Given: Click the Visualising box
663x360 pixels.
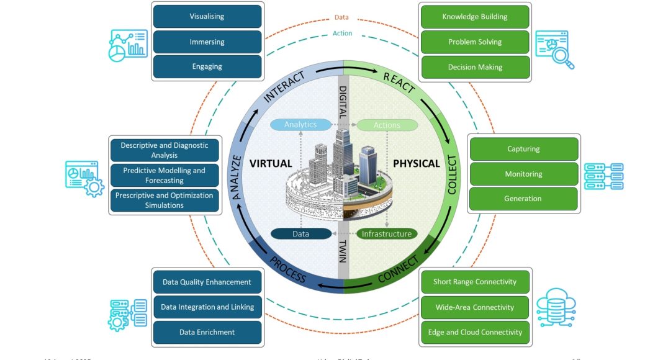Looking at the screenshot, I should (x=207, y=17).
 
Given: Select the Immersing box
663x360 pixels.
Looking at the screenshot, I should (x=207, y=42).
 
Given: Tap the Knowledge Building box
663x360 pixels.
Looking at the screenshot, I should (x=474, y=17).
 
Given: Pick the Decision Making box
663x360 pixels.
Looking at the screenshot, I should (x=474, y=67).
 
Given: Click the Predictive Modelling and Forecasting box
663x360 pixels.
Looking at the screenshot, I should (x=164, y=176).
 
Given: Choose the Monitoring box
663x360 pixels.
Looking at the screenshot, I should (x=523, y=174).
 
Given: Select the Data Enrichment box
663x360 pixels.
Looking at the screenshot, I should (x=207, y=332).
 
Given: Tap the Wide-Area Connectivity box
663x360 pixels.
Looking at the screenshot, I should (x=474, y=307).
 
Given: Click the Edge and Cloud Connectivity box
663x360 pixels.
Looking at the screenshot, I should (x=474, y=332).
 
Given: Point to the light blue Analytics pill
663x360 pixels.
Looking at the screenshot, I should (x=300, y=125).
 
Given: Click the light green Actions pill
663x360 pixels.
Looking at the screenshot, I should (x=387, y=125).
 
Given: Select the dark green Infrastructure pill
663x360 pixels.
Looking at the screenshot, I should (x=387, y=234).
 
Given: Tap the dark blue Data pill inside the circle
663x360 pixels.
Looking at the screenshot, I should (x=300, y=234).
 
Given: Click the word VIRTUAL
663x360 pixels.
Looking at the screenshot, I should (x=271, y=164).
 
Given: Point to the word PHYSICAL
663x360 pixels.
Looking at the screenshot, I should (x=417, y=164).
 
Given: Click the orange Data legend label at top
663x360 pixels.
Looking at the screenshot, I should (x=341, y=17).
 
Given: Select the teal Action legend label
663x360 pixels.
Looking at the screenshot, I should (x=342, y=34).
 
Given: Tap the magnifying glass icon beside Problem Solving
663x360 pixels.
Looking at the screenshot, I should (x=556, y=49).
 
